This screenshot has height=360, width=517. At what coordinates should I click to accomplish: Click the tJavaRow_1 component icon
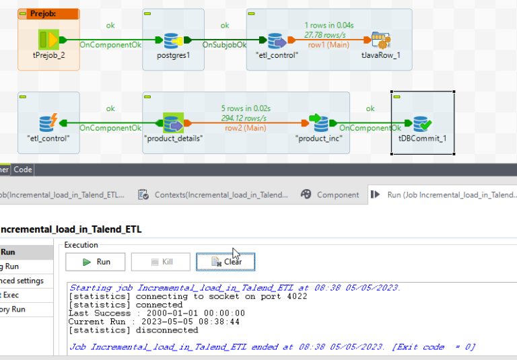381,40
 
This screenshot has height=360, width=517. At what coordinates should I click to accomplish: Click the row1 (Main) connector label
329,44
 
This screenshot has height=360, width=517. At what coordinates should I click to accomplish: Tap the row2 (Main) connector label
245,128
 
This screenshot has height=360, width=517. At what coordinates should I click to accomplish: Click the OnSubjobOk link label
225,44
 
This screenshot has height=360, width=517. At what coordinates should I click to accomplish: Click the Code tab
23,170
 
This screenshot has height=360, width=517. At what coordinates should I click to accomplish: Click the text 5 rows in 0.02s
246,108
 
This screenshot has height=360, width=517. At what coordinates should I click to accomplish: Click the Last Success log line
157,313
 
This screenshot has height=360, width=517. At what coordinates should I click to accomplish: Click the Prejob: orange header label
43,13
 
